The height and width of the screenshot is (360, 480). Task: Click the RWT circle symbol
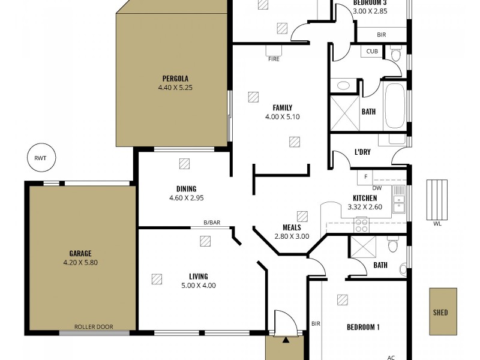pyautogui.click(x=41, y=158)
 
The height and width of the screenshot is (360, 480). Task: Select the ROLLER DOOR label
pyautogui.click(x=93, y=327)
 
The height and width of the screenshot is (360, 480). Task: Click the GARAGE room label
pyautogui.click(x=80, y=253)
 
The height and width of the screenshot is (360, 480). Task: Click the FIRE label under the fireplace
pyautogui.click(x=274, y=59)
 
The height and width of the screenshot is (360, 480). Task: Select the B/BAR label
pyautogui.click(x=212, y=223)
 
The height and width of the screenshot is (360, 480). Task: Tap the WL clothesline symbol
pyautogui.click(x=436, y=200)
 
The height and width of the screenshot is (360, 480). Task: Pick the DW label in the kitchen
pyautogui.click(x=377, y=188)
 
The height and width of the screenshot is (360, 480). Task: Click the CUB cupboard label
pyautogui.click(x=373, y=52)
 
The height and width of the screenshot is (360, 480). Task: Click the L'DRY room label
pyautogui.click(x=362, y=152)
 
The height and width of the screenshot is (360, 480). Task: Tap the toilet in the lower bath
pyautogui.click(x=393, y=245)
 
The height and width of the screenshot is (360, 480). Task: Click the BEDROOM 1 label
pyautogui.click(x=363, y=328)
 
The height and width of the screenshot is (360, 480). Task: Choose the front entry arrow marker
pyautogui.click(x=286, y=340)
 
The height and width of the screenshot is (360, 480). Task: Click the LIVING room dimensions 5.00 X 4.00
pyautogui.click(x=198, y=286)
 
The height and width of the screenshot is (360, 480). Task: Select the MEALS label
pyautogui.click(x=292, y=227)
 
